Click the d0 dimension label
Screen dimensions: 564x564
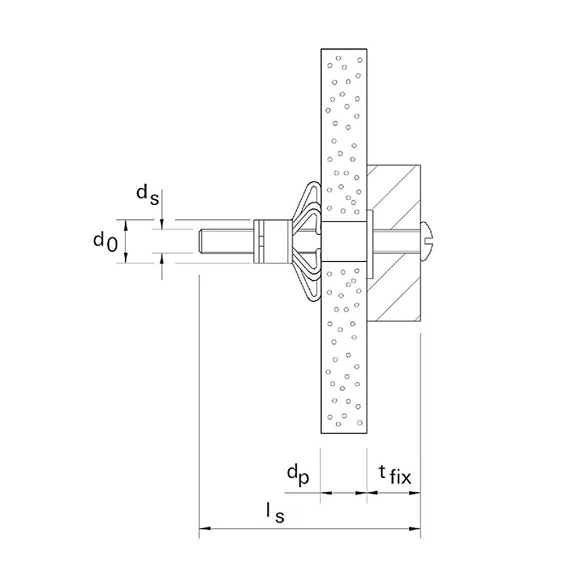tap(105, 242)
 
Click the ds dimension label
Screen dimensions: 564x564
tap(147, 195)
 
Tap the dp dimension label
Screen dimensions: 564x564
tap(298, 475)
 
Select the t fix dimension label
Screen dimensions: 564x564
tap(395, 475)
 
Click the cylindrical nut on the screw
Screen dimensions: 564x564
tap(272, 241)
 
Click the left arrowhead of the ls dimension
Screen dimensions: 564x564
tap(204, 528)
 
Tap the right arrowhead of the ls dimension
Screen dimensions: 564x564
tap(415, 528)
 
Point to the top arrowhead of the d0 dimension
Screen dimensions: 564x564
tap(126, 225)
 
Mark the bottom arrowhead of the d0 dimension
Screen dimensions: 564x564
tap(126, 258)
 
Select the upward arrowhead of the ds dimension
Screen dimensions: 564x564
tap(162, 258)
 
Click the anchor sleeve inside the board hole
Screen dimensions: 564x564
tap(344, 241)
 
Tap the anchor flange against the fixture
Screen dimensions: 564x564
tap(370, 244)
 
